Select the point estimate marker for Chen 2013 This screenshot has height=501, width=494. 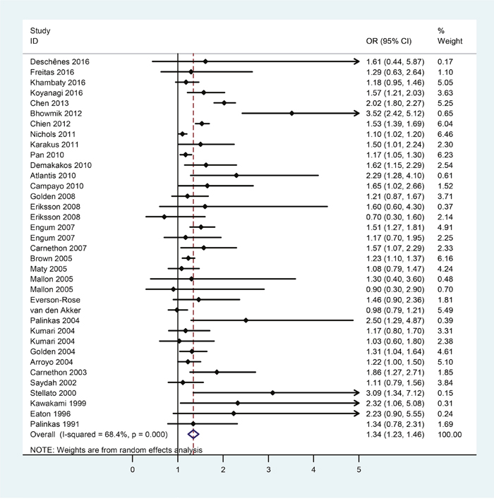click(224, 103)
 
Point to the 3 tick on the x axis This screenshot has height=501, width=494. click(269, 460)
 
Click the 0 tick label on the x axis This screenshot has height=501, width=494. click(133, 470)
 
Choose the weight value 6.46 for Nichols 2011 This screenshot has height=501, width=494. click(450, 133)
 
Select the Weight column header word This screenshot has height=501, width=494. click(450, 42)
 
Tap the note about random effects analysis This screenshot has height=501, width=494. click(116, 449)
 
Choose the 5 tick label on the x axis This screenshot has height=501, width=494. click(359, 470)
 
